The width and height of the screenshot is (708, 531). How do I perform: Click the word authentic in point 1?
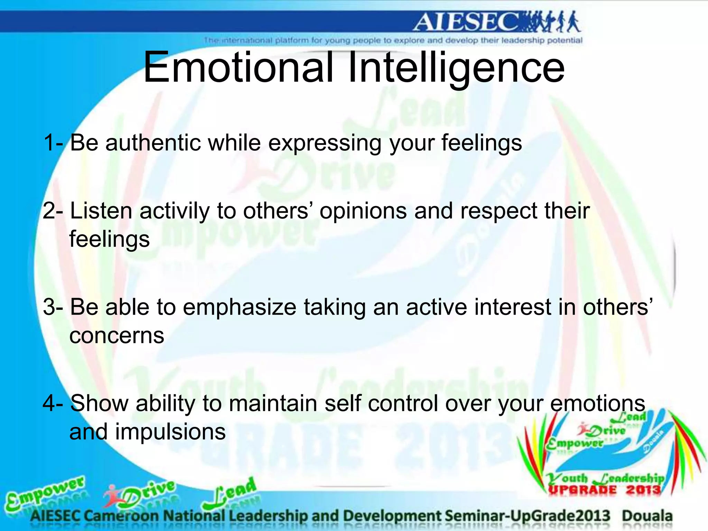(x=152, y=143)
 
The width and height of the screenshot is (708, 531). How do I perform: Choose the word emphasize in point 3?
(x=239, y=307)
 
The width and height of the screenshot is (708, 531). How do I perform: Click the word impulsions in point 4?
(x=170, y=432)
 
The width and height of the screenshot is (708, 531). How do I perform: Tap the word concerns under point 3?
(x=117, y=336)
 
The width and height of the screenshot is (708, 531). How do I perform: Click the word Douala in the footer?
(x=647, y=516)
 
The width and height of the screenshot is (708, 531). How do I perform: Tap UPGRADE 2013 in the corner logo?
(x=604, y=490)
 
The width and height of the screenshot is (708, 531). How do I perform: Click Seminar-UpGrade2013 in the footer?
(x=528, y=516)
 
